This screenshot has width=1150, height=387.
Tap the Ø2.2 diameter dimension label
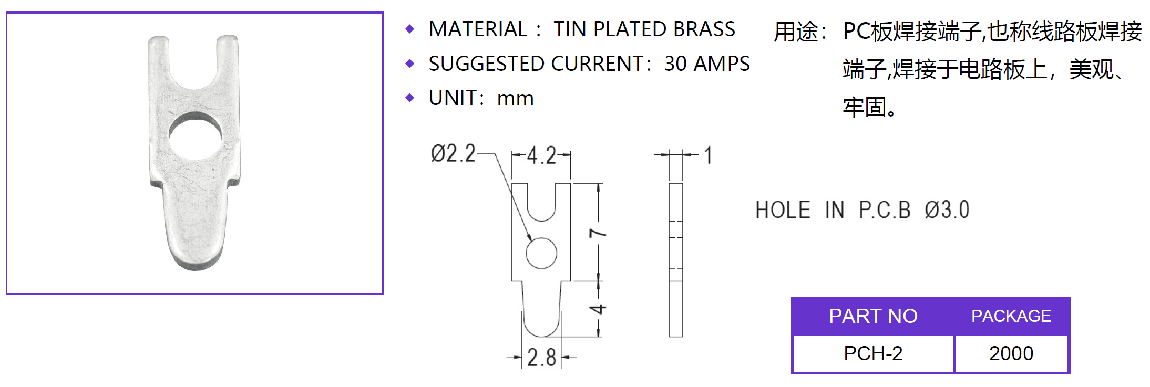coord(453,154)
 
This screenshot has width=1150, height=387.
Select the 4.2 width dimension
coord(541,155)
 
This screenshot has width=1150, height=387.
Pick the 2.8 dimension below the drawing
coord(541,358)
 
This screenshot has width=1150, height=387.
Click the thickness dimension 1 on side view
coord(709,155)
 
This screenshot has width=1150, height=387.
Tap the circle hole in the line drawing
coord(541,253)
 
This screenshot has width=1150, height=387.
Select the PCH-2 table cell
coord(873,353)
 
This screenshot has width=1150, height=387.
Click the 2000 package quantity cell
coord(1011,353)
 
